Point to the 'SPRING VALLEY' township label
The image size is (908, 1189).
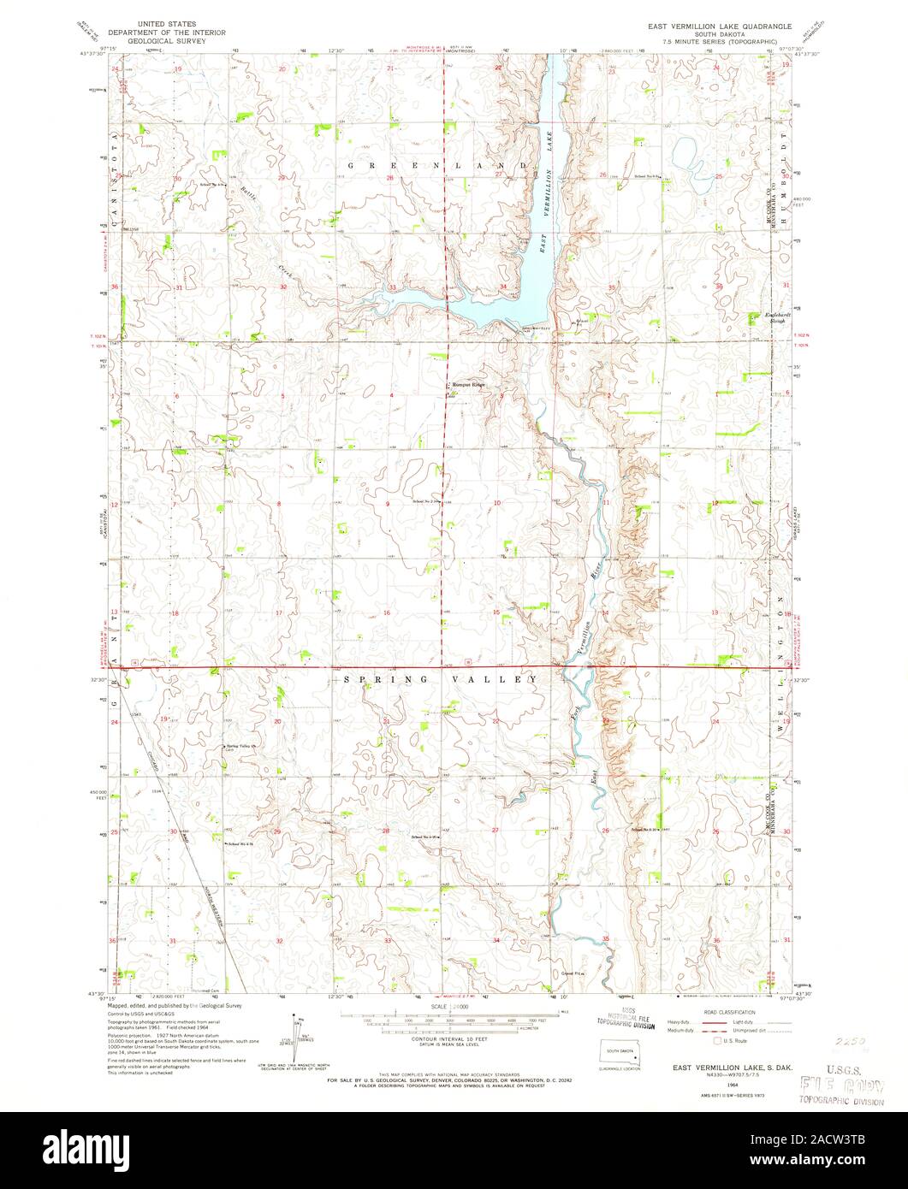[440, 679]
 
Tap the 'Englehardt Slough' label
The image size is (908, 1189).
[775, 317]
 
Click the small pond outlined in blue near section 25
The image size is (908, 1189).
[685, 154]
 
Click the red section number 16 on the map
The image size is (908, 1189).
[387, 612]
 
